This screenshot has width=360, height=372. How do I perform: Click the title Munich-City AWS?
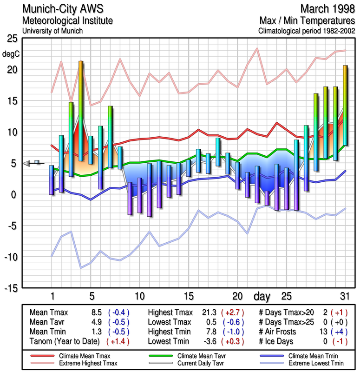point(62,9)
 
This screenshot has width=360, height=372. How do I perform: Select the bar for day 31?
point(345,107)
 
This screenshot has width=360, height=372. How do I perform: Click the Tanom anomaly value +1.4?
point(118,341)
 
